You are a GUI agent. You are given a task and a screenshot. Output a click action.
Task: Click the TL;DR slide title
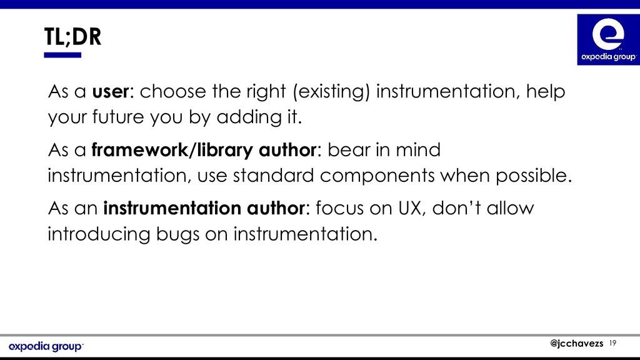point(72,37)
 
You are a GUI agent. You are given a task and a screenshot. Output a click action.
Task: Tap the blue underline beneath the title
point(62,55)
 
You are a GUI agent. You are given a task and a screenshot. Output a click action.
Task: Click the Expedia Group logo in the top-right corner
point(609,39)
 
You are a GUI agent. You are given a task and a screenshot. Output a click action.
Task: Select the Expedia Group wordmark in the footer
point(46,346)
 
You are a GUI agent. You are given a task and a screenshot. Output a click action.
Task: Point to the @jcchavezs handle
point(576,343)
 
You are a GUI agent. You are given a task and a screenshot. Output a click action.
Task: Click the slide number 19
point(612,343)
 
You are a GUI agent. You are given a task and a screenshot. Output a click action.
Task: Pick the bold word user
point(110,91)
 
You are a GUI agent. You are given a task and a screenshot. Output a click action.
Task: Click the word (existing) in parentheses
point(331,91)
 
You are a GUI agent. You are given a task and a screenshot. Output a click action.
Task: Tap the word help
point(545,91)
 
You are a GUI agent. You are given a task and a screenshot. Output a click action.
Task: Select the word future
point(118,117)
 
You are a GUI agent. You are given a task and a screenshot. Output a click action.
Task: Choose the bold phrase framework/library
point(172,150)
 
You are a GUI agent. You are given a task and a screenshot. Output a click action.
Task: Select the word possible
point(534,176)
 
